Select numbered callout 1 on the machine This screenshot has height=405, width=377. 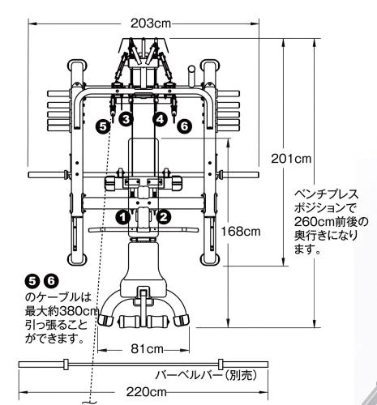[x=122, y=216]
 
